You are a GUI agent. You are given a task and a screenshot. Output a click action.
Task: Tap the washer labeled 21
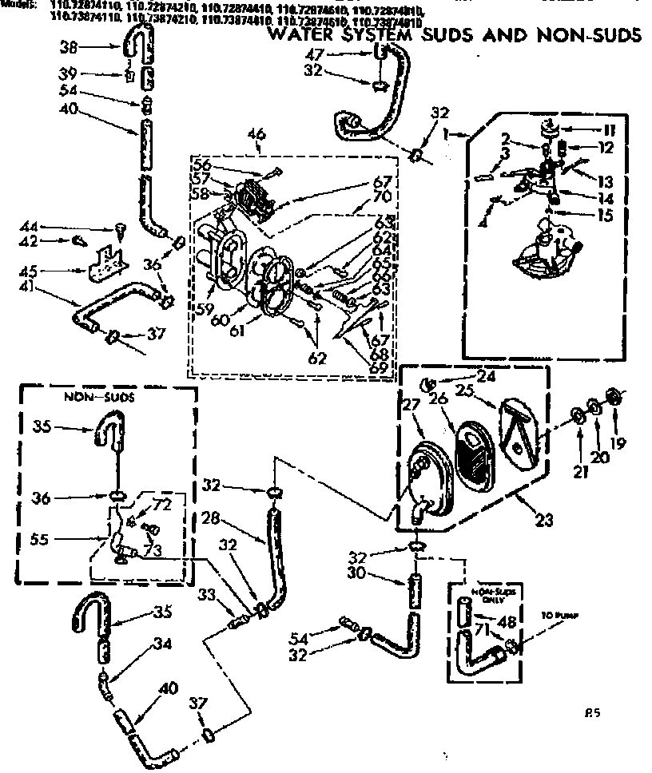tap(577, 415)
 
